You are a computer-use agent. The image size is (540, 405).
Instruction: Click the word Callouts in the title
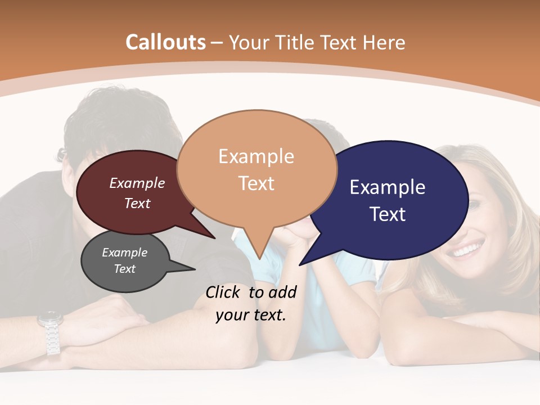(165, 42)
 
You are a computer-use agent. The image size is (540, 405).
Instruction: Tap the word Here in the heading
(385, 43)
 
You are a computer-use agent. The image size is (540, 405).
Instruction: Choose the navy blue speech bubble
(394, 200)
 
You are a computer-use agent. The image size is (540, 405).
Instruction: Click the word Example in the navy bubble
(388, 187)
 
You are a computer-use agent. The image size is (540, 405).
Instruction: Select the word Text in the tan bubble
(256, 183)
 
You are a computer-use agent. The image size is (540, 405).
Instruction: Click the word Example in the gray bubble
(124, 253)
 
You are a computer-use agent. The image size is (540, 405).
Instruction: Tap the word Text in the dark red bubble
(137, 203)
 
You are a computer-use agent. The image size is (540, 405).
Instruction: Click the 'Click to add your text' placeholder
(251, 303)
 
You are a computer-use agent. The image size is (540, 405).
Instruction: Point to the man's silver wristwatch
(50, 332)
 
